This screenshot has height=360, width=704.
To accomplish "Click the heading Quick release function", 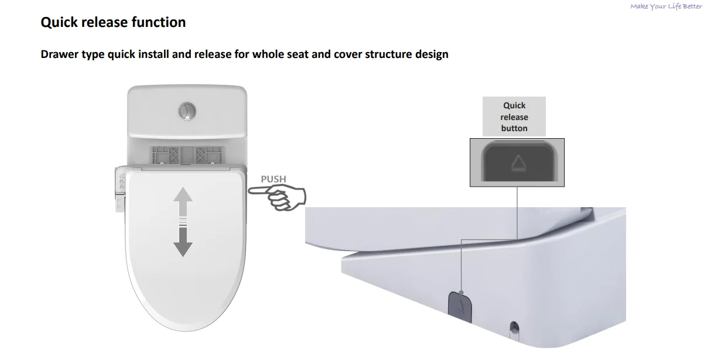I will pyautogui.click(x=113, y=22).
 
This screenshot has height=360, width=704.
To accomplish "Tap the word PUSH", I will pyautogui.click(x=273, y=179).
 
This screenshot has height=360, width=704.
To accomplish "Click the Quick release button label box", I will pyautogui.click(x=514, y=117).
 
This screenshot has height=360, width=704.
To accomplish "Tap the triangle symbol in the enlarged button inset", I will pyautogui.click(x=518, y=163).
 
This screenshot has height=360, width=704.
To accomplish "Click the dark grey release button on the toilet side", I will pyautogui.click(x=459, y=305).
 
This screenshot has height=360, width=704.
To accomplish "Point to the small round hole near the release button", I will pyautogui.click(x=515, y=325).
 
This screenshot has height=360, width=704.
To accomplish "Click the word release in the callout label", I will pyautogui.click(x=514, y=117).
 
